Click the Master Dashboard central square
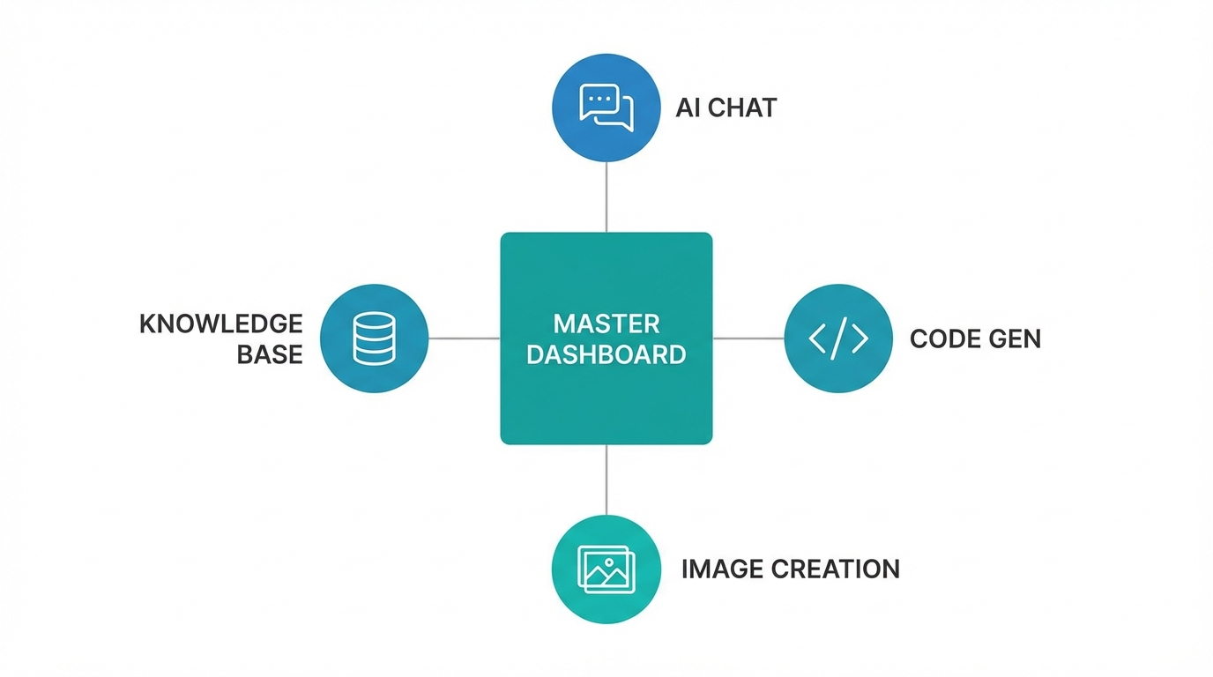click(x=606, y=397)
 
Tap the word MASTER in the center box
click(x=606, y=324)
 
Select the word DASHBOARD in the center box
click(x=606, y=354)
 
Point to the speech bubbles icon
click(x=606, y=108)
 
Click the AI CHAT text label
click(x=726, y=108)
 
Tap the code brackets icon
click(x=837, y=338)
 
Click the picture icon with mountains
click(x=606, y=569)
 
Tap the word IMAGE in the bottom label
click(x=722, y=569)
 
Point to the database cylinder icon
click(x=374, y=338)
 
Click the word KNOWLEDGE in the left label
click(x=221, y=324)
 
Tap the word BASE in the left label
click(x=270, y=354)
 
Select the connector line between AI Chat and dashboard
click(x=606, y=197)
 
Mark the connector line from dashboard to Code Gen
click(x=748, y=338)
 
